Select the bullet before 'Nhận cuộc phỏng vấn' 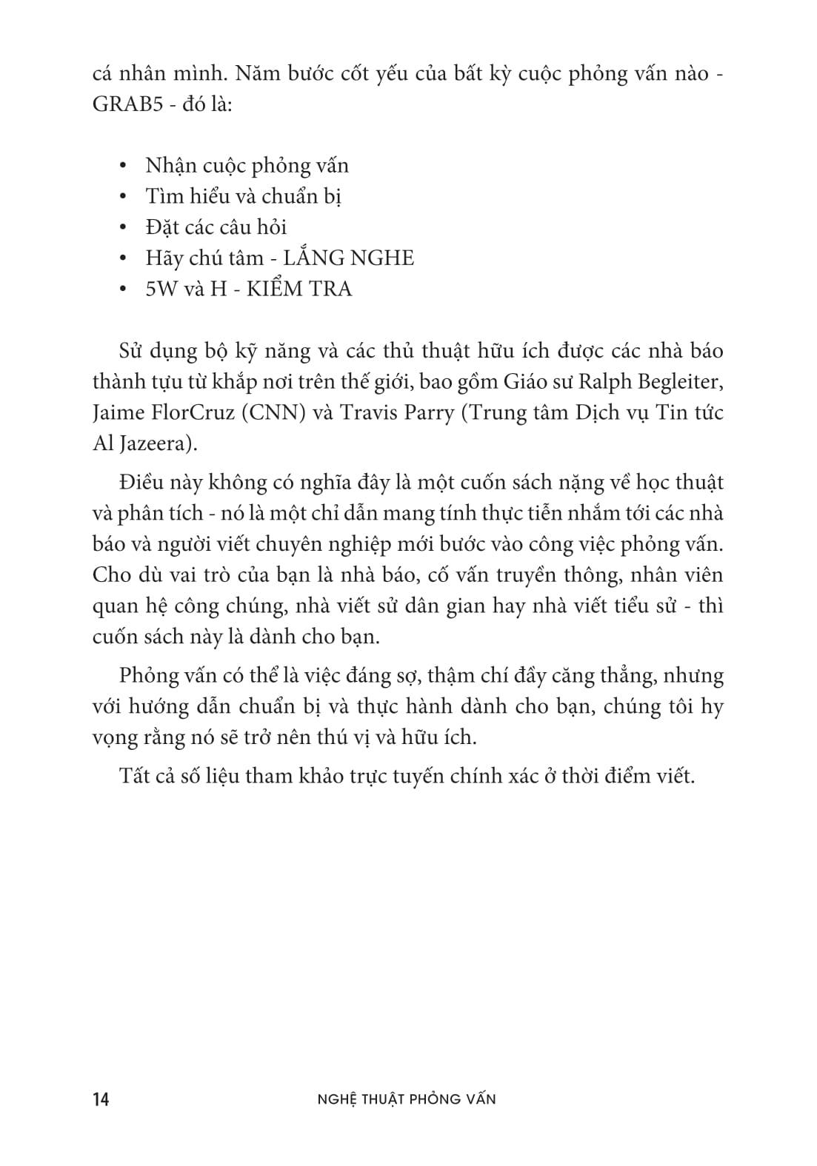pyautogui.click(x=124, y=166)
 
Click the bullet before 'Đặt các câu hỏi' pyautogui.click(x=124, y=227)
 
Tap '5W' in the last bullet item pyautogui.click(x=161, y=289)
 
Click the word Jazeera pyautogui.click(x=154, y=443)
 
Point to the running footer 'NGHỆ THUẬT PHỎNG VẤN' pyautogui.click(x=406, y=1099)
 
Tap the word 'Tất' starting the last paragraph pyautogui.click(x=133, y=777)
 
